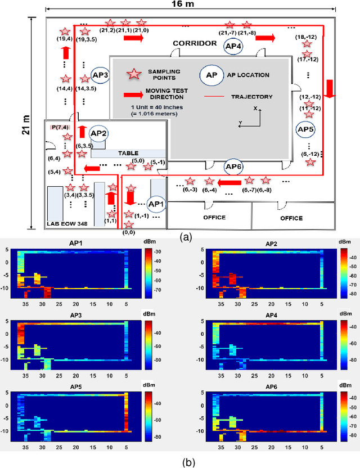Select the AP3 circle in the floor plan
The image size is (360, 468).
pos(100,75)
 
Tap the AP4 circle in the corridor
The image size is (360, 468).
pos(232,47)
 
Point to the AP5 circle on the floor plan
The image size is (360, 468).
pos(305,129)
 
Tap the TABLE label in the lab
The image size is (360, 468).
pos(128,153)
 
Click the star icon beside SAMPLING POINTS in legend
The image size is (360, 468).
pos(134,74)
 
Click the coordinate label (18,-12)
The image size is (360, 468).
pos(304,37)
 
